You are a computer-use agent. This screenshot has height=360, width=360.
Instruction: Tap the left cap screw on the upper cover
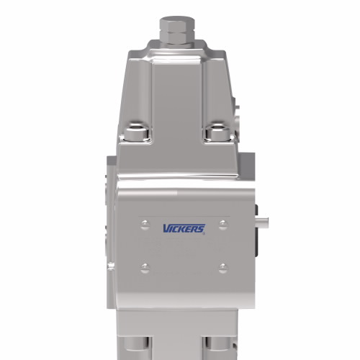[x=136, y=133]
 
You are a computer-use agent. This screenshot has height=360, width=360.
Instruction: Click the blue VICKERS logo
[x=183, y=230]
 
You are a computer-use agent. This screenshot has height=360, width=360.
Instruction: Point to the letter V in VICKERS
[x=166, y=230]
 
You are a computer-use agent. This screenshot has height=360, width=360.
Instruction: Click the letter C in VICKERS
[x=176, y=230]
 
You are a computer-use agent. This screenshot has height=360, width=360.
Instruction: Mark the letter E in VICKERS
[x=189, y=230]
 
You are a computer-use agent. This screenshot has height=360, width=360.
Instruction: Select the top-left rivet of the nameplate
[x=145, y=221]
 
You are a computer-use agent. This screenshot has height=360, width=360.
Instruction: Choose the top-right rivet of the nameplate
[x=222, y=221]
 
